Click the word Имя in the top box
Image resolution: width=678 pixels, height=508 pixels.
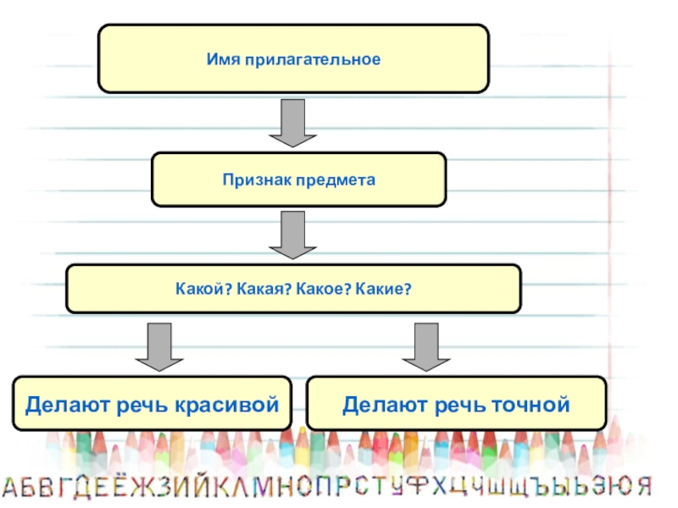click(x=222, y=60)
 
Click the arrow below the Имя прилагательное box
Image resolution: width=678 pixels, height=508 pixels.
click(x=293, y=123)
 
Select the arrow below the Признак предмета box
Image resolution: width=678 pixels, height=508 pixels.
click(x=293, y=235)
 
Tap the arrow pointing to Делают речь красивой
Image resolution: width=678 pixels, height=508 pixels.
click(x=159, y=346)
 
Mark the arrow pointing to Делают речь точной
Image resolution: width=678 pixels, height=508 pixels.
click(x=425, y=346)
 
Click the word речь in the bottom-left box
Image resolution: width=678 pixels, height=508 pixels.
click(x=147, y=405)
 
